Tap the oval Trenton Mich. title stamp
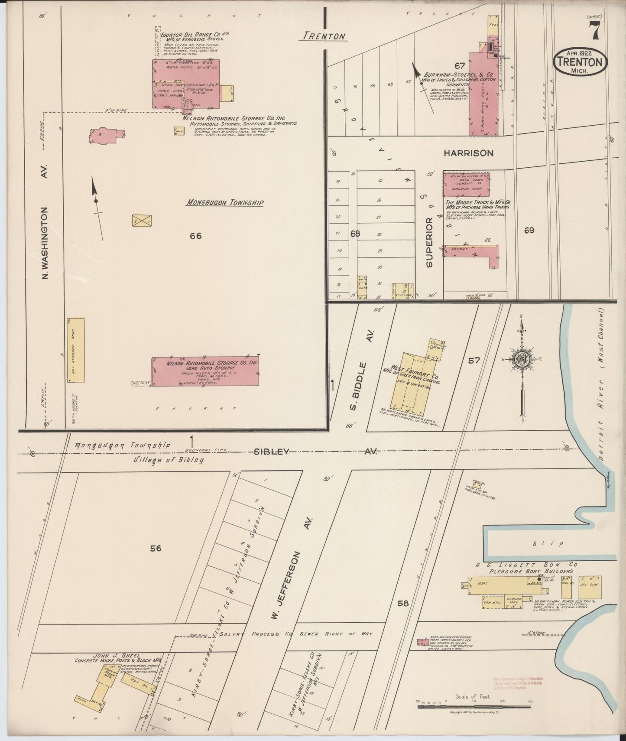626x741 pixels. [580, 62]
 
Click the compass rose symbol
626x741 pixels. [522, 359]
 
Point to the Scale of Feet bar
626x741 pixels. [474, 707]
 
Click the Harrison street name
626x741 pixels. [468, 153]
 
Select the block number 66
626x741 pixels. [196, 236]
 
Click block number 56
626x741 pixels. [156, 548]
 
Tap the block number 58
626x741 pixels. [403, 603]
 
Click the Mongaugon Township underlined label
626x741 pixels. [224, 202]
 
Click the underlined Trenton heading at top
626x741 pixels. [324, 36]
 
